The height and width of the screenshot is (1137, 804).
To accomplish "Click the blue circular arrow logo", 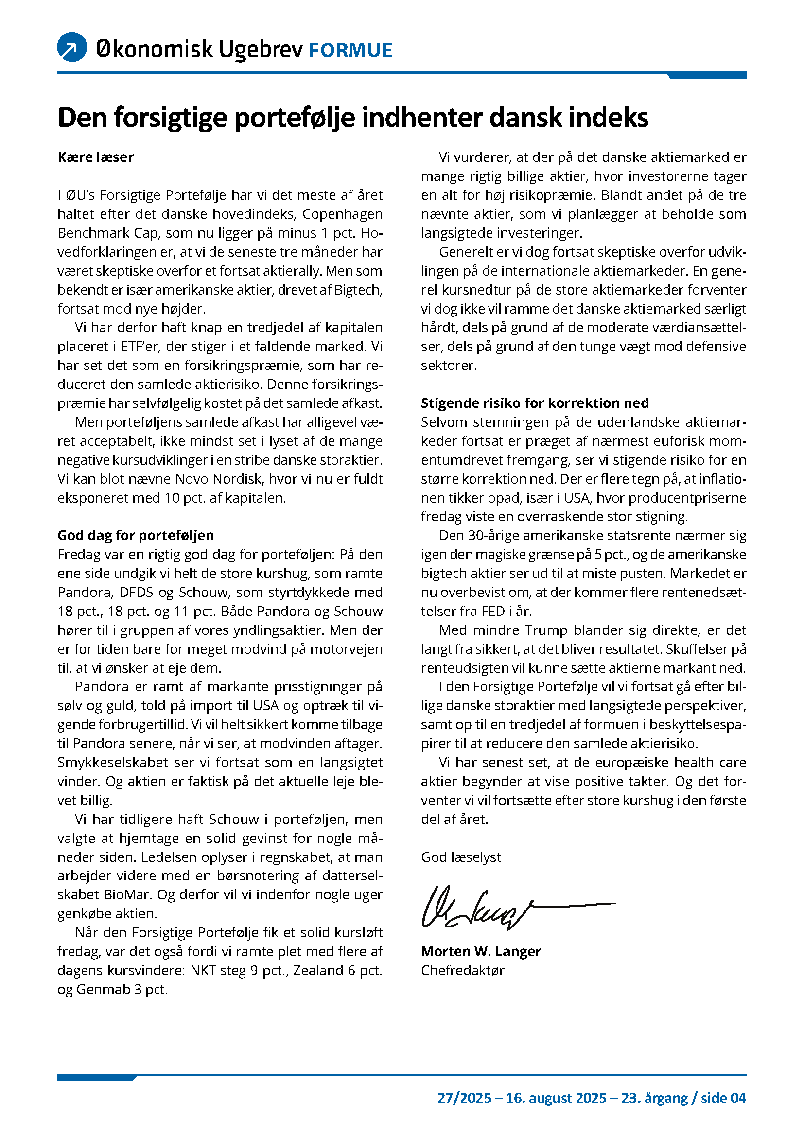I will pos(72,47).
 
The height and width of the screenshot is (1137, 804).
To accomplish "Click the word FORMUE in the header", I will pos(350,51).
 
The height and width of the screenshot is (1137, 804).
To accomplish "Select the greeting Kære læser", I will pos(96,157).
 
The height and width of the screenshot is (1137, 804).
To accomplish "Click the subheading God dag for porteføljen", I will pos(136,535).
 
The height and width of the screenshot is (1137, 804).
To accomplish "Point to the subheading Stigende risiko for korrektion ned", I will pos(535,403).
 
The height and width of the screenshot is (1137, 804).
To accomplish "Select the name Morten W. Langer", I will pos(481,951).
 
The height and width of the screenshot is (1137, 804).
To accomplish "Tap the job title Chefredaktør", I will pos(462,971).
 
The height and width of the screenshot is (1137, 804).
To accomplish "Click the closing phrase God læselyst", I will pos(461,857).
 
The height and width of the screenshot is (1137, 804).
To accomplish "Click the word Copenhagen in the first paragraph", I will pos(343,214).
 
